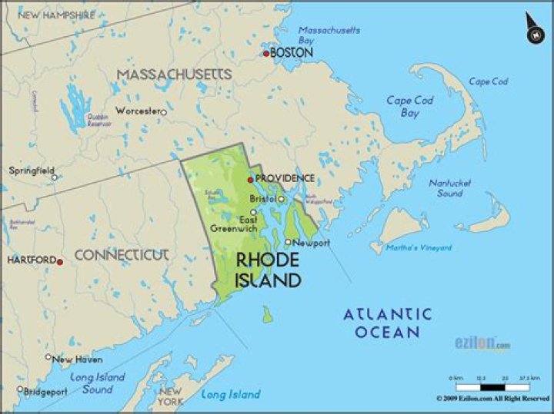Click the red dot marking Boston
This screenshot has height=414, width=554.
click(266, 53)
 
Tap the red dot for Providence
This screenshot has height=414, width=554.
click(250, 179)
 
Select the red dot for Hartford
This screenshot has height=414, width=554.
click(60, 261)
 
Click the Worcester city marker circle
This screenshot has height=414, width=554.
click(163, 112)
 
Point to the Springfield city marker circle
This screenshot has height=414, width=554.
click(54, 177)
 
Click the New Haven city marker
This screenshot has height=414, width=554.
click(48, 357)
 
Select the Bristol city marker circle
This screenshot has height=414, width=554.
click(282, 199)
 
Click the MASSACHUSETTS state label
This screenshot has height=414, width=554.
click(174, 75)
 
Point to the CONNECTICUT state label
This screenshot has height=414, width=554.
click(121, 254)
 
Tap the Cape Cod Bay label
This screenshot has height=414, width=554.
click(409, 106)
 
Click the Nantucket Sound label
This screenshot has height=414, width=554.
click(450, 188)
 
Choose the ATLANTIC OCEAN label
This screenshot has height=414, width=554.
click(388, 323)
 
